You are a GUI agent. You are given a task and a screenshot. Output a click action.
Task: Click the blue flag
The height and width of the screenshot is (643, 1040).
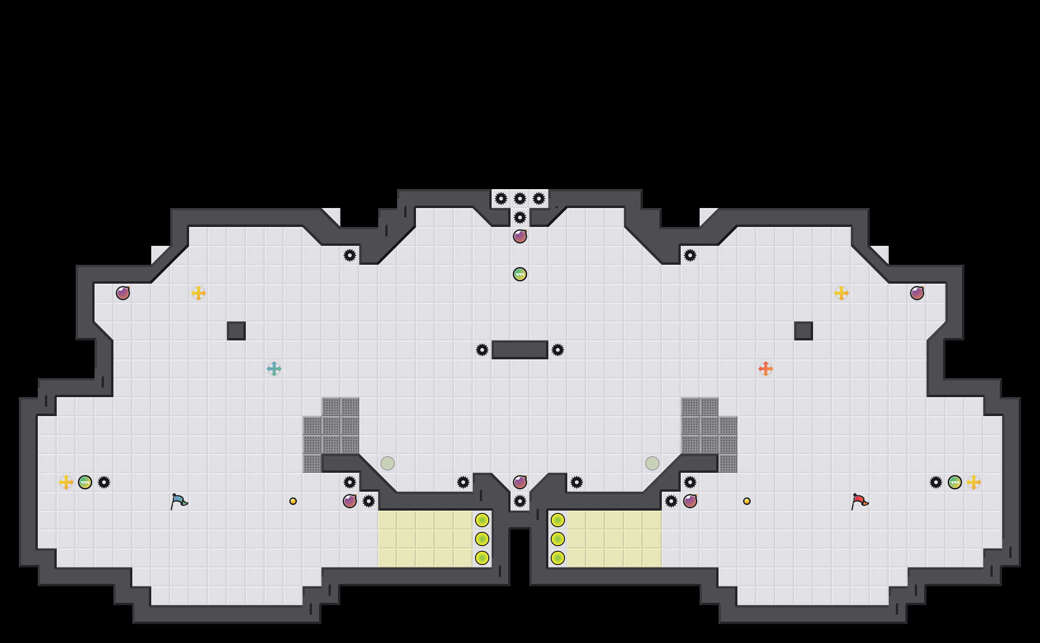click(x=179, y=501)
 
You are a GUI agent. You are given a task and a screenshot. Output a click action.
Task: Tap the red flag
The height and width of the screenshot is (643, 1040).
click(x=859, y=501)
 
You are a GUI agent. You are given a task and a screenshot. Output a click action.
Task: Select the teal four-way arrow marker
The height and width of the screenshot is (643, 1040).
click(x=274, y=369)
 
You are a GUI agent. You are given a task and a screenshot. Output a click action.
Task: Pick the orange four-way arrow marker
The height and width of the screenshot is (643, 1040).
click(x=766, y=369)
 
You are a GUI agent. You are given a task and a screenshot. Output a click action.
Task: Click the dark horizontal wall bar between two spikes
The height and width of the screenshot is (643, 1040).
click(x=520, y=350)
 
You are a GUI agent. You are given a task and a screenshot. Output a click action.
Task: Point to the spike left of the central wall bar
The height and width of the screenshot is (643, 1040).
click(x=482, y=350)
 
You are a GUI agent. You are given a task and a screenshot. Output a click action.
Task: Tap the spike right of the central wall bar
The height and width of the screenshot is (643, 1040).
click(x=558, y=350)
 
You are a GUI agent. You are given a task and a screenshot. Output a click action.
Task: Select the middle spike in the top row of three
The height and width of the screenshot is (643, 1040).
click(x=520, y=199)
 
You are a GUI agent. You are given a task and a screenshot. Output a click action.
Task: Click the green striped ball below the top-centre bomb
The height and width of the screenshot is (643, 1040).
click(x=520, y=274)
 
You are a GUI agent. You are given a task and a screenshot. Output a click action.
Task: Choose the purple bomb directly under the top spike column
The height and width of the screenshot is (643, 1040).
click(x=520, y=236)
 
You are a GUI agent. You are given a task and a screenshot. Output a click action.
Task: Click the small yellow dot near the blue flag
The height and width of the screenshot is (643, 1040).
click(x=293, y=501)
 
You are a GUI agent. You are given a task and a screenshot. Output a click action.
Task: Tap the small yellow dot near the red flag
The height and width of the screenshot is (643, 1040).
click(x=747, y=501)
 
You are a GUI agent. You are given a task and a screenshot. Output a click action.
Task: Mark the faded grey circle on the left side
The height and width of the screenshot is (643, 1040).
click(x=388, y=463)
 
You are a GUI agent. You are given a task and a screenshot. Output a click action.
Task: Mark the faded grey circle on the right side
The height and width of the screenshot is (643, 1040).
click(x=652, y=463)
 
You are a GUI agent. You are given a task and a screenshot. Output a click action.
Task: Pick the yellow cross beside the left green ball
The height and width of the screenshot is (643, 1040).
click(x=66, y=482)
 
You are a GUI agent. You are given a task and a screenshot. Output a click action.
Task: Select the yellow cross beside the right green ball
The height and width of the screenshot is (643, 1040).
click(x=974, y=482)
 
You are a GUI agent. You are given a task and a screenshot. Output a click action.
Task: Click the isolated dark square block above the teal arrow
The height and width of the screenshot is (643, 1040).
click(x=236, y=331)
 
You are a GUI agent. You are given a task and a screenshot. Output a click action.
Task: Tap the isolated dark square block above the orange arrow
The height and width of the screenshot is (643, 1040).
click(x=804, y=331)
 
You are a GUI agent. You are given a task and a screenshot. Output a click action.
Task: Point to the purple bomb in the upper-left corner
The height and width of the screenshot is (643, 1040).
click(x=123, y=293)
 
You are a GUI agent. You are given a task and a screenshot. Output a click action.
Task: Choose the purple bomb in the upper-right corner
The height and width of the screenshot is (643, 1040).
click(x=917, y=293)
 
